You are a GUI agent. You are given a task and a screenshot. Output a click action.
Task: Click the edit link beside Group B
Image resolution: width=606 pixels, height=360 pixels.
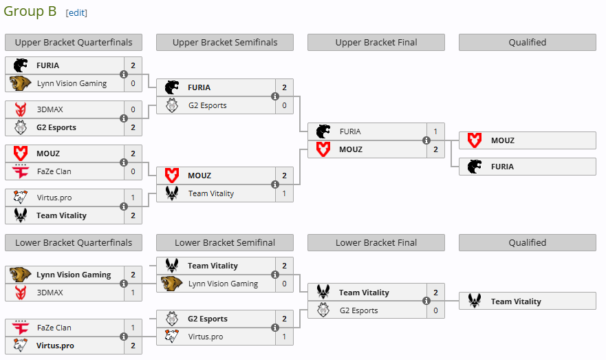(x=76, y=12)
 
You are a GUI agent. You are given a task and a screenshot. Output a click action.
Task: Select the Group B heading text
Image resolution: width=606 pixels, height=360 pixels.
(x=30, y=11)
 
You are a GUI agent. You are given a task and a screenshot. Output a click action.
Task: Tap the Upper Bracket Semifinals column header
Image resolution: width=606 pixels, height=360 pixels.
(x=225, y=43)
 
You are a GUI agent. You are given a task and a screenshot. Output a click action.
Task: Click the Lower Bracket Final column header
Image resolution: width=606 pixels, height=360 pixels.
(x=376, y=243)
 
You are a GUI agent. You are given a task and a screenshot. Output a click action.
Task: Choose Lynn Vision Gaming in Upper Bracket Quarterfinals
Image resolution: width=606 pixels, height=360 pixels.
(x=72, y=83)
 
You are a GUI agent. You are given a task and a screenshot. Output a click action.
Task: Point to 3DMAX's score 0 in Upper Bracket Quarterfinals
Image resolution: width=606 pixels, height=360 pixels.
(x=133, y=109)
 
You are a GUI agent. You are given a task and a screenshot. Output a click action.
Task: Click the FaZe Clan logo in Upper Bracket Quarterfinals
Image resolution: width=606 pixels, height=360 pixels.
(x=20, y=171)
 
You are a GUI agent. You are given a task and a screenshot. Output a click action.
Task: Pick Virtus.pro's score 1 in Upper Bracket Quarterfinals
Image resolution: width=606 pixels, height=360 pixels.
(x=133, y=198)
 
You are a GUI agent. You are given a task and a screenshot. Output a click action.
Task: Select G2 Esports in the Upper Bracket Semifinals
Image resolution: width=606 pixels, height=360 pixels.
(x=207, y=105)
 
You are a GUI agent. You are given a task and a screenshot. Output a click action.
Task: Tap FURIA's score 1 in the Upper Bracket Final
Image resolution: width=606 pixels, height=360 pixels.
(x=435, y=131)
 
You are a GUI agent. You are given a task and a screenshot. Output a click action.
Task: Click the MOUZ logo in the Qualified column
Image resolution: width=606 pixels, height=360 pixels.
(x=475, y=140)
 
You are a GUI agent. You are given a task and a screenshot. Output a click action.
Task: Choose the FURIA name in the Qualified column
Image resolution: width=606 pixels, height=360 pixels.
(x=502, y=167)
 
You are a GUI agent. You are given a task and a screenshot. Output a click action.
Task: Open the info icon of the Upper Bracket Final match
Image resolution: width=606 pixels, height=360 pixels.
(x=426, y=140)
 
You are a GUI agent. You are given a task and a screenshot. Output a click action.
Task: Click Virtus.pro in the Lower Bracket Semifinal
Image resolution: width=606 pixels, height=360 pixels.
(x=206, y=337)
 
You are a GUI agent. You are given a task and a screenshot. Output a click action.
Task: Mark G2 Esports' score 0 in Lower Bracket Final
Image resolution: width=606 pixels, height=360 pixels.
(x=435, y=310)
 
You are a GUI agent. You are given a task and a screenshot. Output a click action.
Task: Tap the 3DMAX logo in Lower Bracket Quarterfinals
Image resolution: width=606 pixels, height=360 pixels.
(x=20, y=293)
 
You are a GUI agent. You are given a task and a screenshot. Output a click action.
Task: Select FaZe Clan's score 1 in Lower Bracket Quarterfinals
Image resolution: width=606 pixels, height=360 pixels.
(x=133, y=328)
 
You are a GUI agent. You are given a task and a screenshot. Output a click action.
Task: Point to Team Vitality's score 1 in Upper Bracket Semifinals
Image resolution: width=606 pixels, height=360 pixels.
(x=284, y=193)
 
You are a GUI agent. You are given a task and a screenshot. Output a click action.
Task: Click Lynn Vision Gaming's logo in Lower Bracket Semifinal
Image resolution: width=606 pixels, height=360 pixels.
(x=171, y=284)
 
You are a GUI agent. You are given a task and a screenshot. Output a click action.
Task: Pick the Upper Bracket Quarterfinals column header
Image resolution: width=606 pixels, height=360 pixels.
(x=74, y=43)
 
